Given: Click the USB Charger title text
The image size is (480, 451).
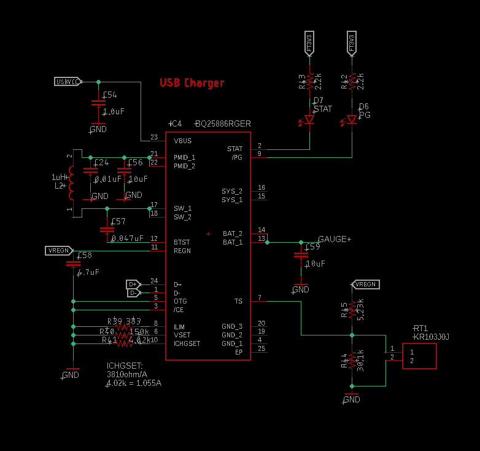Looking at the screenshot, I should tap(192, 83).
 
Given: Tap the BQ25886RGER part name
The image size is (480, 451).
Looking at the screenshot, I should tap(222, 124).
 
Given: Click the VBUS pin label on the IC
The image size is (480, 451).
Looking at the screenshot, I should tap(182, 141).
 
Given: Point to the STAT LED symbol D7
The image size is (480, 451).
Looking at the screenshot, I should tap(309, 120).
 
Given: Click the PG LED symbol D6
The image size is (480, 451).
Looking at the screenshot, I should tap(352, 119).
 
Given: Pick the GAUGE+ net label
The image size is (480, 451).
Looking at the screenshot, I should tap(335, 239).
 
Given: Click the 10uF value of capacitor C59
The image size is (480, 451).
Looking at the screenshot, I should tap(315, 264).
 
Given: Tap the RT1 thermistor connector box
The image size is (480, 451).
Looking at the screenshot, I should tap(419, 356).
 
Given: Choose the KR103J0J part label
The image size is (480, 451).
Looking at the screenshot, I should tap(432, 337).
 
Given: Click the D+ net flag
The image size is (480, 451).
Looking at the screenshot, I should tap(133, 284).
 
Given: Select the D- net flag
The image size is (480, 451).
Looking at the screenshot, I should tap(133, 293).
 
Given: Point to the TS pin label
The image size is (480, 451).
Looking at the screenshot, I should tap(238, 302).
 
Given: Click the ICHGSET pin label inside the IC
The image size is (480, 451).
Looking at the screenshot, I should tap(187, 343).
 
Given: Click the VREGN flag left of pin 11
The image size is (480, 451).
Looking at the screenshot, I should tap(59, 251).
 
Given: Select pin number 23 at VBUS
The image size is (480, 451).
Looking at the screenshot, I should tap(153, 137).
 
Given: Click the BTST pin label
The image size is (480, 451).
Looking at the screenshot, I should tap(182, 242).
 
